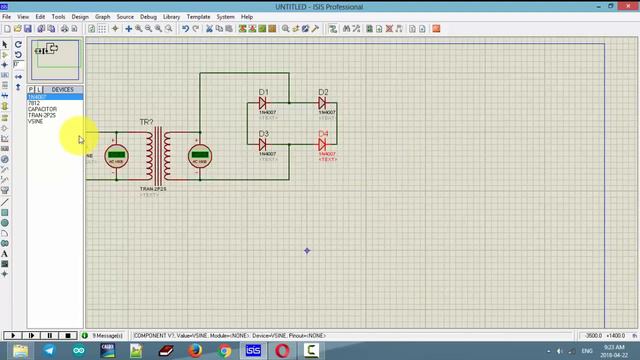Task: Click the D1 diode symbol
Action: pyautogui.click(x=264, y=103)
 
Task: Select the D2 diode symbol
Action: pyautogui.click(x=323, y=103)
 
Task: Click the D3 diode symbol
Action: pyautogui.click(x=264, y=144)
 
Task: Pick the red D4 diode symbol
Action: pyautogui.click(x=323, y=144)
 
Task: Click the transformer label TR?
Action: pyautogui.click(x=146, y=123)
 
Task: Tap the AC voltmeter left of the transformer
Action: pyautogui.click(x=115, y=157)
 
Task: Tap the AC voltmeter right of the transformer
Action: pyautogui.click(x=200, y=157)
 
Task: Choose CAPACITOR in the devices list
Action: pyautogui.click(x=42, y=109)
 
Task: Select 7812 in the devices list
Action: pyautogui.click(x=34, y=103)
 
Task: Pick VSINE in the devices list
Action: pyautogui.click(x=36, y=121)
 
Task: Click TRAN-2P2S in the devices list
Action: pyautogui.click(x=42, y=115)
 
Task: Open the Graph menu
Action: pyautogui.click(x=102, y=17)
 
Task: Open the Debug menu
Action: pyautogui.click(x=148, y=17)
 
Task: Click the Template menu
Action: pyautogui.click(x=198, y=17)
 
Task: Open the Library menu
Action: pyautogui.click(x=172, y=17)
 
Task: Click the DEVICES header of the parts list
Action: pyautogui.click(x=62, y=90)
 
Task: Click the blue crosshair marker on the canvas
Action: pyautogui.click(x=307, y=250)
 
